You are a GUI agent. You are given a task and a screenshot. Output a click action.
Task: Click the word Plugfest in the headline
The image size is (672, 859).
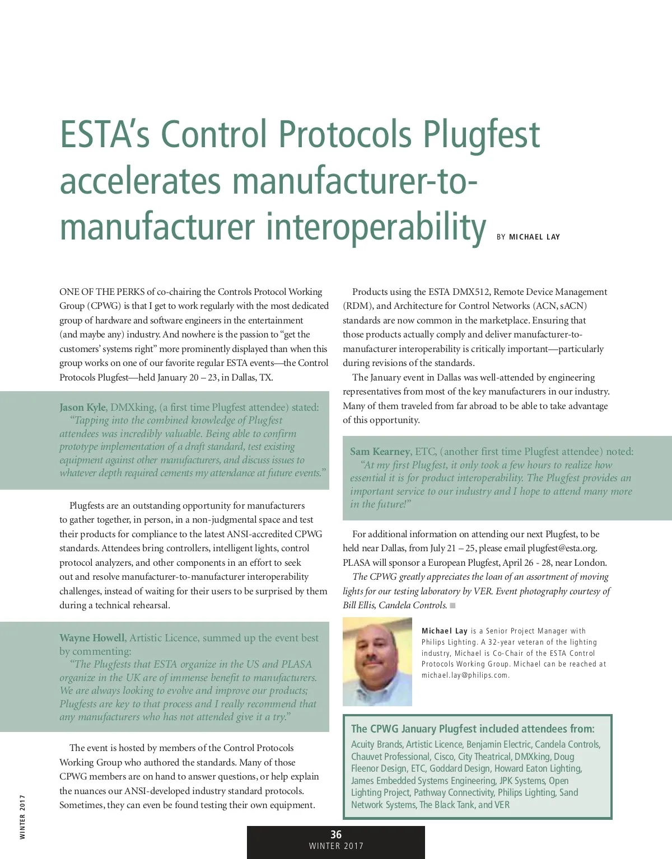482,135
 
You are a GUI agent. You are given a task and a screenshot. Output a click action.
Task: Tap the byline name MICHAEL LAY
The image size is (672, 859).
534,237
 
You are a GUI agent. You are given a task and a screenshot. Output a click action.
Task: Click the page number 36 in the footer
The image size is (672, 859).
336,834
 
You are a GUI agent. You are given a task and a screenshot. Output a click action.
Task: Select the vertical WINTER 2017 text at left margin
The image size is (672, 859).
22,816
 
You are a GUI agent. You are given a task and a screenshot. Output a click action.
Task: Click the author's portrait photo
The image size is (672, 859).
377,661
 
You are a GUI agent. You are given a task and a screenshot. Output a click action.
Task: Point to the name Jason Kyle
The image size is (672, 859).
82,407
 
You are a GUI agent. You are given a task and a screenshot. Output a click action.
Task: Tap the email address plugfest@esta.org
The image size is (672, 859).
562,548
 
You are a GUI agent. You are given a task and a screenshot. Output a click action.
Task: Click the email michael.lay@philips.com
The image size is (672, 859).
465,675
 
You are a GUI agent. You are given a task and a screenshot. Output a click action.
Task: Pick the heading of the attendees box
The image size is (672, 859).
473,729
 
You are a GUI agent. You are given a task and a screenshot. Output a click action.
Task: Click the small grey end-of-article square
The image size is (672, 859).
452,605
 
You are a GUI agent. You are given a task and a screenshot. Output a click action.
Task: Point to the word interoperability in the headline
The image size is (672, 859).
376,228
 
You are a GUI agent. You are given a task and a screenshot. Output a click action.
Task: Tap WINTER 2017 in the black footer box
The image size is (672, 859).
336,846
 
